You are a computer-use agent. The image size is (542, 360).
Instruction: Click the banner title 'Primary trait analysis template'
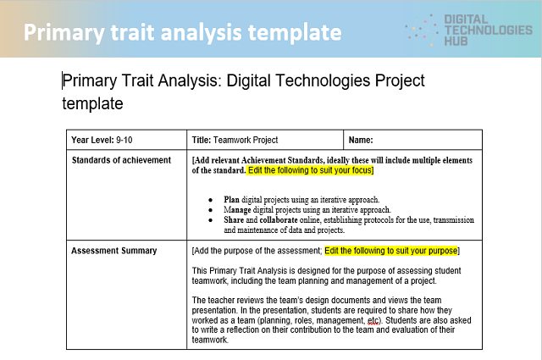tap(182, 32)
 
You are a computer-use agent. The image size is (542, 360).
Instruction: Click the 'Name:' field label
tap(361, 140)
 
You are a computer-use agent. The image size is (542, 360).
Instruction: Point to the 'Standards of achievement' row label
tap(121, 160)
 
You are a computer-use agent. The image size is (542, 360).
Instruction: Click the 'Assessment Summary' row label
tap(114, 251)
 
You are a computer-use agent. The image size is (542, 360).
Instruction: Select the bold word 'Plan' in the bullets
tap(231, 199)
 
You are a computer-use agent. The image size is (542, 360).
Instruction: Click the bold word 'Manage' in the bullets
tap(238, 209)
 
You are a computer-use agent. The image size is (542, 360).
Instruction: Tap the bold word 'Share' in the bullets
tap(234, 219)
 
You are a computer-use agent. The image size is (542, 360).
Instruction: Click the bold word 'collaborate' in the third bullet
tap(279, 219)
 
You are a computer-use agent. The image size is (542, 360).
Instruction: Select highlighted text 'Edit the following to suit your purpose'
tap(390, 251)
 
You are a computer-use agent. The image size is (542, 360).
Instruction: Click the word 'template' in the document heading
tap(92, 103)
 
